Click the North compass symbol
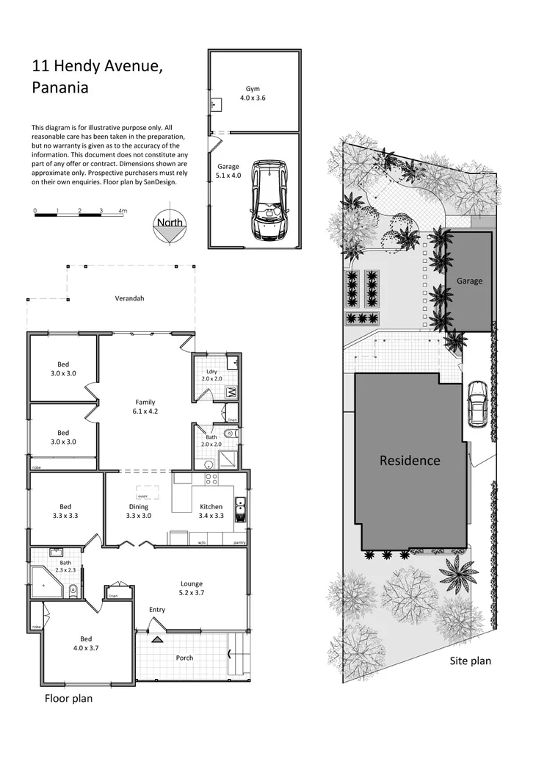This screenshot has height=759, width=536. click(x=170, y=229)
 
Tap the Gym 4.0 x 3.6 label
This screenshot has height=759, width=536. click(x=253, y=93)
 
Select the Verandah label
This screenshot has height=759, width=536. click(x=129, y=298)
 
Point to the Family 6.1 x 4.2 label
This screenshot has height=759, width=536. click(x=145, y=406)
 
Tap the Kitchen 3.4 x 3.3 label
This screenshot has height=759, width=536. click(x=211, y=511)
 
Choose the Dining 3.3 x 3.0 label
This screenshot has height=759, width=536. click(x=138, y=511)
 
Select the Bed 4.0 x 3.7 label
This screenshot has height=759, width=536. click(x=86, y=643)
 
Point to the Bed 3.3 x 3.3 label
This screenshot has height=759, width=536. click(x=65, y=511)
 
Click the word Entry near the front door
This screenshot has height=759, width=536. click(x=157, y=610)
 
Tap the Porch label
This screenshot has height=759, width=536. click(x=184, y=658)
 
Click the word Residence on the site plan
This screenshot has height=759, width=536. click(x=410, y=461)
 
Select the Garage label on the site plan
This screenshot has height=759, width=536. click(x=469, y=281)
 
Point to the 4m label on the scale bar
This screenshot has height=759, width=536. click(x=123, y=211)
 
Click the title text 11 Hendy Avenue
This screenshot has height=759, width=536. click(x=96, y=67)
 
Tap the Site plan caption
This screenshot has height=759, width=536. click(x=470, y=661)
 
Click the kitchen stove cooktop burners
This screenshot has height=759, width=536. click(x=211, y=478)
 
